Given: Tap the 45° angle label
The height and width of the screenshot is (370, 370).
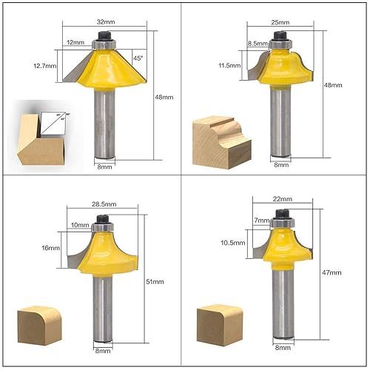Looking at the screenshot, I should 138,58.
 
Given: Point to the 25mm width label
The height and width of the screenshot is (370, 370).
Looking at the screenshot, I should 280,22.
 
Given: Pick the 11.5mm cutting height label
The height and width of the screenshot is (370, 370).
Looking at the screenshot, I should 229,65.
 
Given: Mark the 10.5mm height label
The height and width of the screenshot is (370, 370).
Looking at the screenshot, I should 231,243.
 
